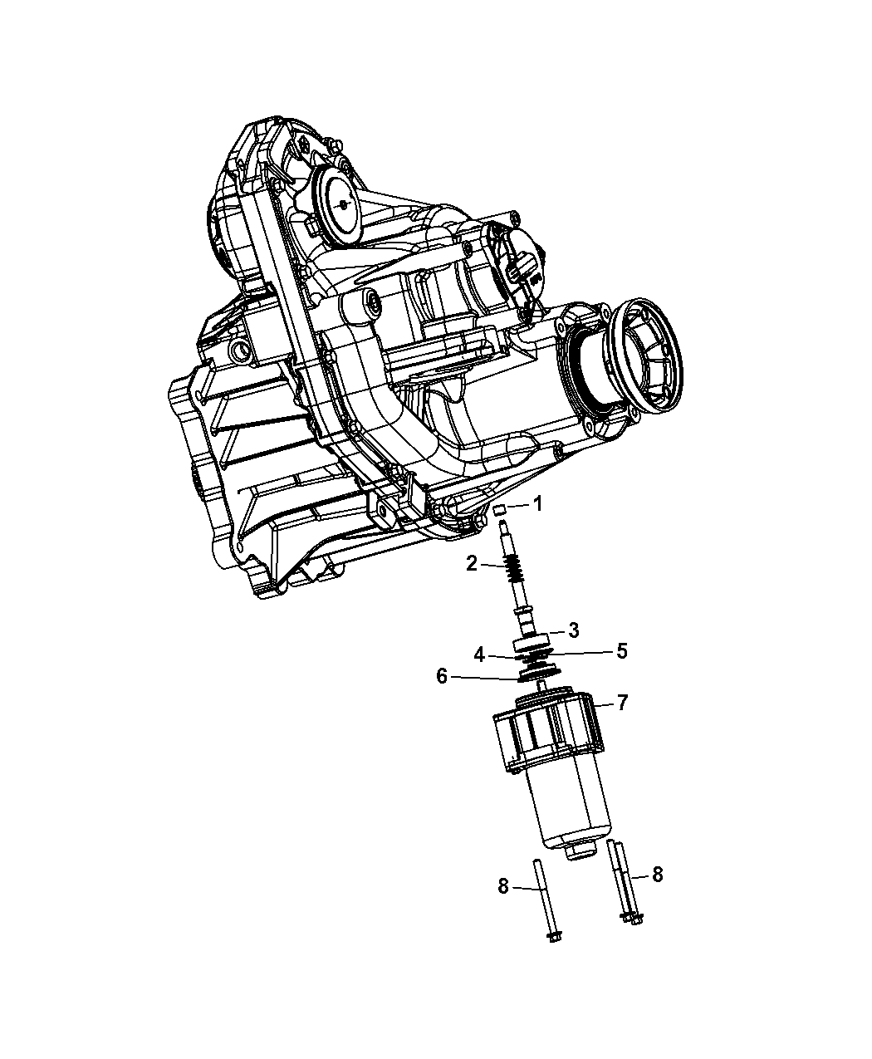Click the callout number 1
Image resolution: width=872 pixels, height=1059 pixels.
537,505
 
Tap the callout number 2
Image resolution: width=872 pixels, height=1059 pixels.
472,563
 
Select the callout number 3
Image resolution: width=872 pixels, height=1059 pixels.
573,630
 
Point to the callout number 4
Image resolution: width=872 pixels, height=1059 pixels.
479,656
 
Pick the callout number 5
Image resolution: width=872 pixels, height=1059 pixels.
622,651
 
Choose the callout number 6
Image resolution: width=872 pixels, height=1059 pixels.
442,676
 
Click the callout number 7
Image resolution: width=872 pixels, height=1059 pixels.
622,703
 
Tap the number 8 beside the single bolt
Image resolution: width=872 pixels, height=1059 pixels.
502,886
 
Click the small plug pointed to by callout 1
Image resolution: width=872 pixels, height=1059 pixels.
500,510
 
